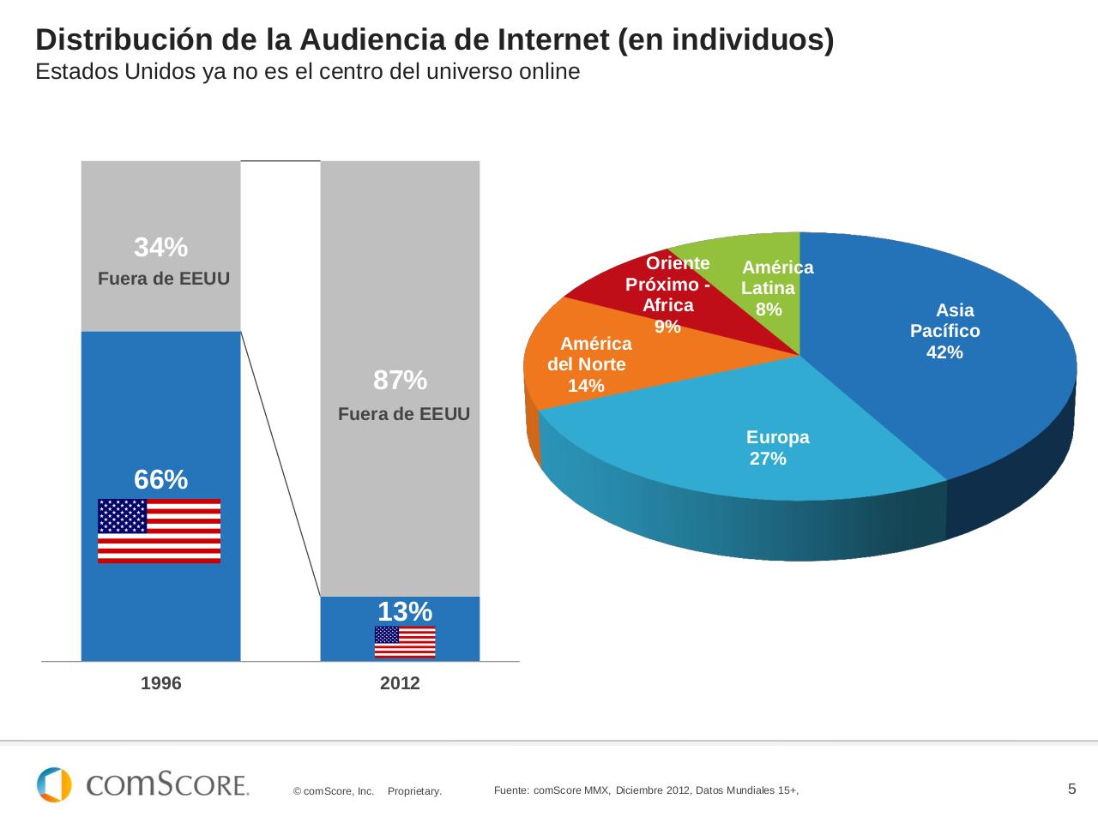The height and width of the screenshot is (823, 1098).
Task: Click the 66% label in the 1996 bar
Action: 160,480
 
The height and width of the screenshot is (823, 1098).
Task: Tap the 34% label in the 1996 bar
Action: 160,248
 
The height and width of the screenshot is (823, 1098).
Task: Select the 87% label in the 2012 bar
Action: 400,380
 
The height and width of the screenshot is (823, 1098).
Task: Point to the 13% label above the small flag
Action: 405,611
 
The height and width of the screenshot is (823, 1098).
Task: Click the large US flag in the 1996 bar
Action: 160,531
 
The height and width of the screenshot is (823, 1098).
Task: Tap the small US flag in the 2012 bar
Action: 405,642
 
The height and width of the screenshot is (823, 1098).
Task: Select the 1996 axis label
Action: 160,684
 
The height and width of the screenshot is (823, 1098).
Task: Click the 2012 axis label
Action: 400,684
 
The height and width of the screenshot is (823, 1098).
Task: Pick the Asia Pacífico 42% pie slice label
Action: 944,331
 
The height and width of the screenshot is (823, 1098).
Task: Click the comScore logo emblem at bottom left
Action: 54,784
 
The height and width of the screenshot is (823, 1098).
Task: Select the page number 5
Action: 1071,789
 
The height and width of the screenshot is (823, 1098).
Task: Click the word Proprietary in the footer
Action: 414,791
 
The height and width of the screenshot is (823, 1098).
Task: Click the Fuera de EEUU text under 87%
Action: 404,415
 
